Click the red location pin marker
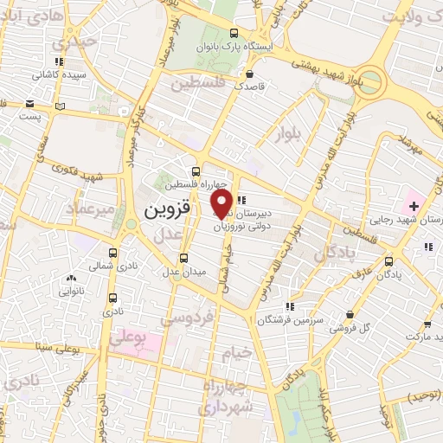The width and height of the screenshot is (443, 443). pyautogui.click(x=221, y=204)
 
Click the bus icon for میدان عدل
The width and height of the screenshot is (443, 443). pyautogui.click(x=183, y=258)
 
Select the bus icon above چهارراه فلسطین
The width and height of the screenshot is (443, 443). pyautogui.click(x=196, y=170)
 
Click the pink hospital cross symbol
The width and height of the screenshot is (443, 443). pyautogui.click(x=414, y=206)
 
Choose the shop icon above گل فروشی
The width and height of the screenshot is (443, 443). pyautogui.click(x=350, y=315)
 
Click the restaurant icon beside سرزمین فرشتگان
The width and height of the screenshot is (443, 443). pyautogui.click(x=291, y=306)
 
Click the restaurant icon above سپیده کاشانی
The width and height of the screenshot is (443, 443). pyautogui.click(x=59, y=61)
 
